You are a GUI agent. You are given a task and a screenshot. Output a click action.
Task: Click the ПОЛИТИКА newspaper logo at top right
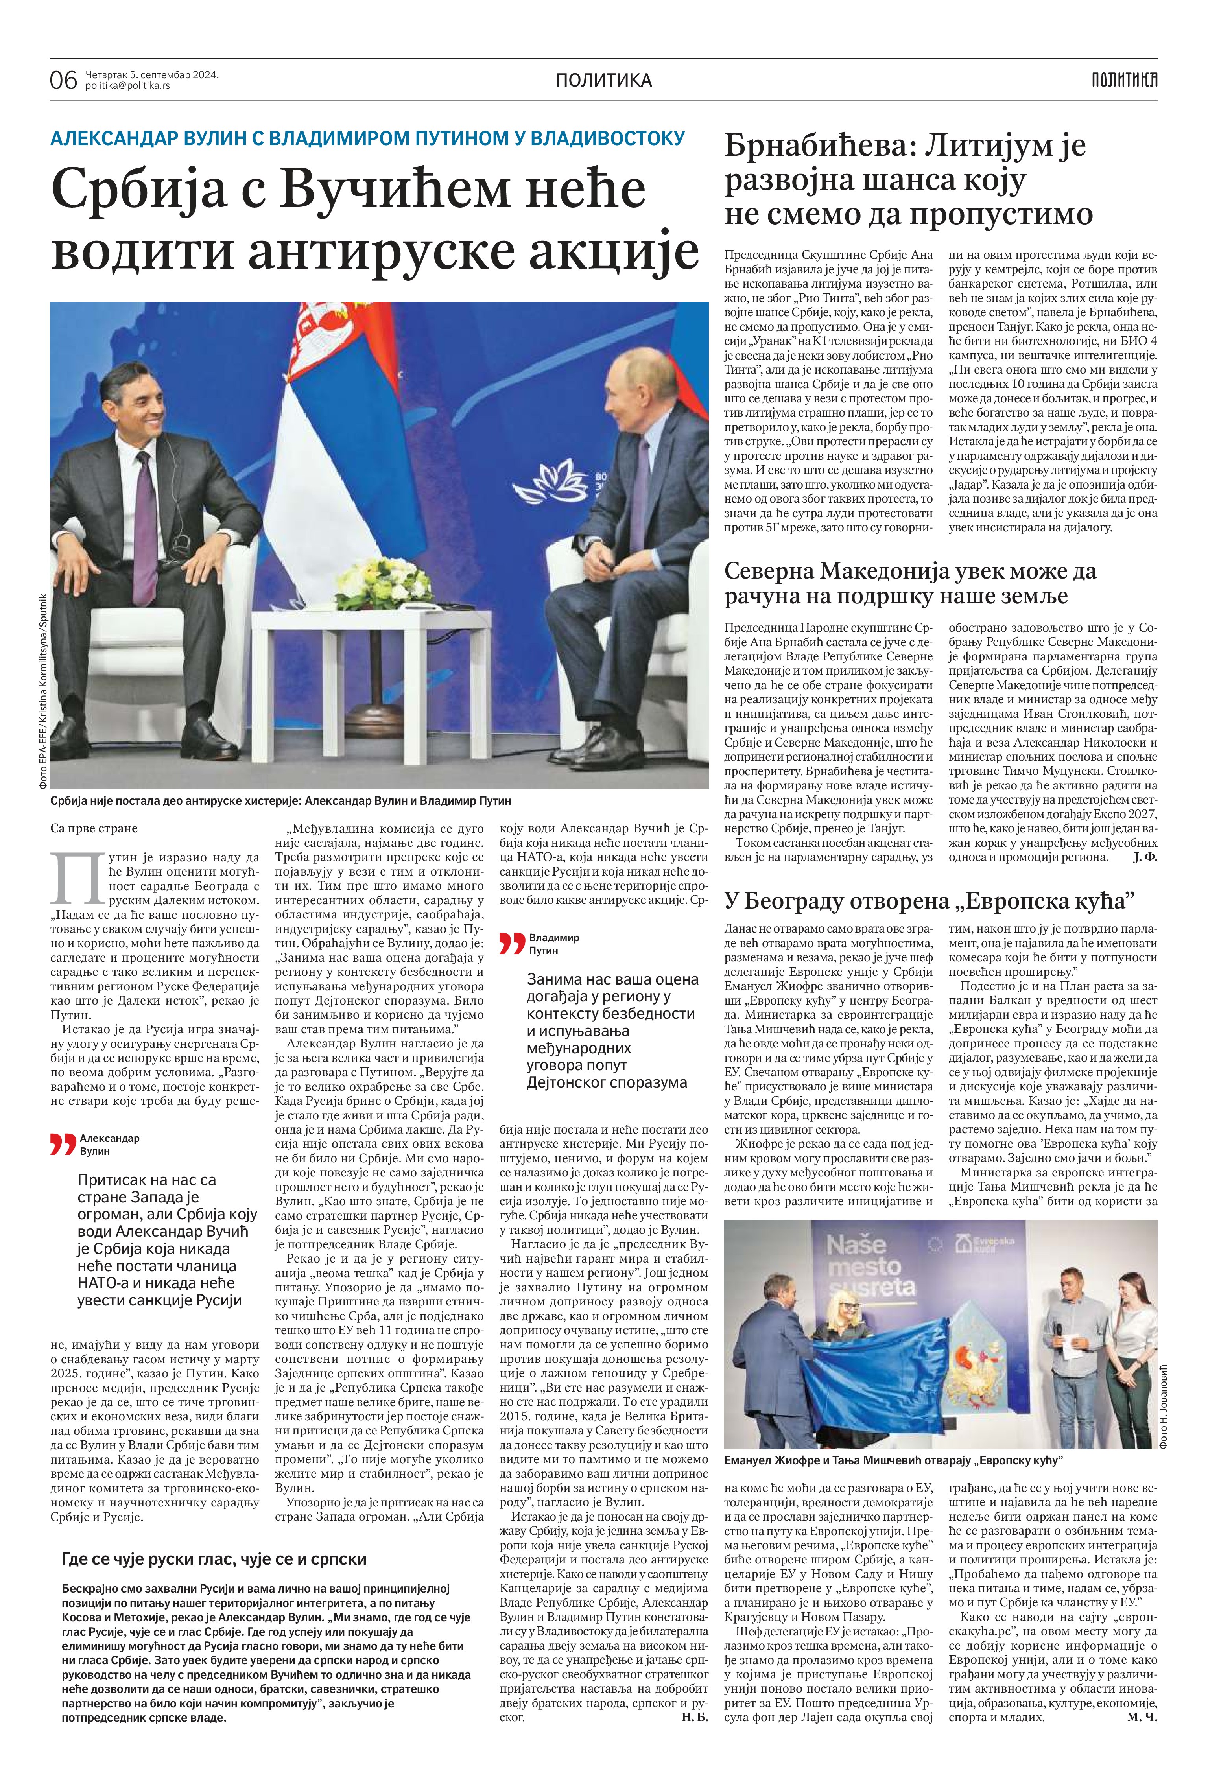(1124, 79)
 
